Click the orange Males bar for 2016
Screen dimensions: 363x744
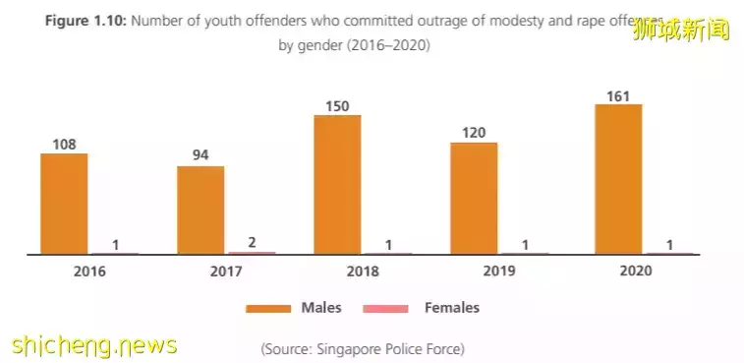(64, 204)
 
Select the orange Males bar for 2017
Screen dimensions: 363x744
(200, 210)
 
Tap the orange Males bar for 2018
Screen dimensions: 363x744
(337, 184)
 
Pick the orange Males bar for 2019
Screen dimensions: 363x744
(474, 198)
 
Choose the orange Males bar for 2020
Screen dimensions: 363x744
(618, 179)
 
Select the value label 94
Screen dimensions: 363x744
(200, 155)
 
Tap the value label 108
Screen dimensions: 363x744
(64, 143)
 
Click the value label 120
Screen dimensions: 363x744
(474, 132)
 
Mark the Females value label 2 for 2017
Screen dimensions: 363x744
(252, 242)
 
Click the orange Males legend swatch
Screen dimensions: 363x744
(269, 309)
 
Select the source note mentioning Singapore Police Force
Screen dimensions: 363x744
(363, 348)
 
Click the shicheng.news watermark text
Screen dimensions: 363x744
(94, 345)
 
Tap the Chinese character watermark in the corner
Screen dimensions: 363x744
(694, 30)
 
